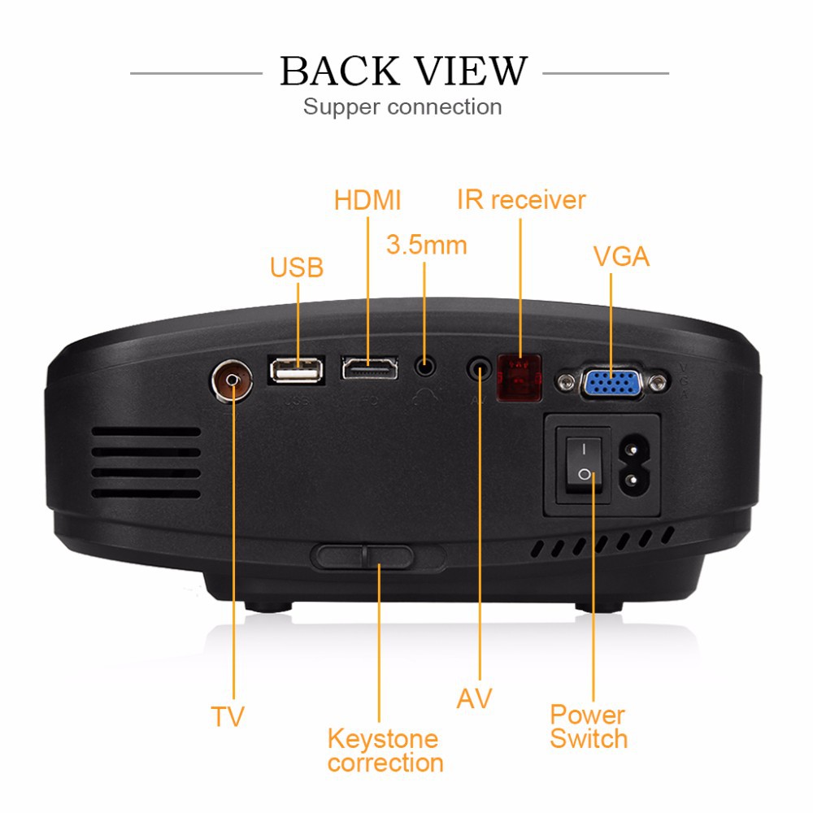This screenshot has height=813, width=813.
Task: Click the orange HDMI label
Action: point(367,200)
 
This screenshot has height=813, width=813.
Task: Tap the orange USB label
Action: point(297,267)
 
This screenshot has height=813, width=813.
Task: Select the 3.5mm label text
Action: point(426,245)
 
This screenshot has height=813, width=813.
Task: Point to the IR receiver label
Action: point(521,200)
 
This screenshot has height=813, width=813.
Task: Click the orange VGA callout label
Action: point(621,257)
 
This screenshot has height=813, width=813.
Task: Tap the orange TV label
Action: point(227,716)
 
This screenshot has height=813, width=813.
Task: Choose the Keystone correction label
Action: point(385,750)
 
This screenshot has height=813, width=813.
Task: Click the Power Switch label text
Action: point(589,727)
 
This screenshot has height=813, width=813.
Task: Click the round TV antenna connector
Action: point(233,380)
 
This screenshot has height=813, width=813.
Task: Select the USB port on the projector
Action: point(296,370)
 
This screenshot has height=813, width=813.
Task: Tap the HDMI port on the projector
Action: point(369,368)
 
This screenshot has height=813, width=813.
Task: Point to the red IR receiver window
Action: point(520,377)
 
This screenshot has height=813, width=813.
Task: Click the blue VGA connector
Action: point(612,384)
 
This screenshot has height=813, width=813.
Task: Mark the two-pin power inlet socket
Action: point(633,464)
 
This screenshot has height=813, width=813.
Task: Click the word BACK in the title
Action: point(340,71)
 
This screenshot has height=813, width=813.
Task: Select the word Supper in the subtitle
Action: point(341,107)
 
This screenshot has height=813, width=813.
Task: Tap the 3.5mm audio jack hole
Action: point(425,367)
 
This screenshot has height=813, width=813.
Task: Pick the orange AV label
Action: point(474,698)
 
